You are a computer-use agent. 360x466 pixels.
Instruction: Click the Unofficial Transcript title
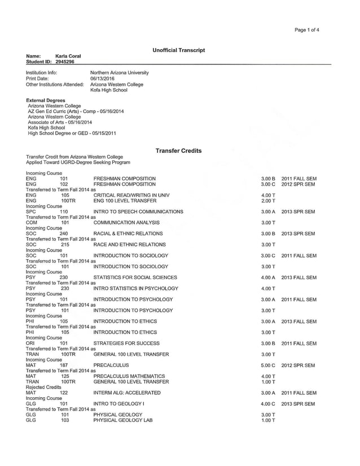(178, 51)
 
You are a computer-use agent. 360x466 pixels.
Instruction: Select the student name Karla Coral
(68, 56)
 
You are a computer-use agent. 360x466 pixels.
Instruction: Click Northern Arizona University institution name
(120, 73)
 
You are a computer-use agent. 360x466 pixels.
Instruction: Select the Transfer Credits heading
(178, 151)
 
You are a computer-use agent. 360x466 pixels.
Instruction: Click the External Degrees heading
(45, 100)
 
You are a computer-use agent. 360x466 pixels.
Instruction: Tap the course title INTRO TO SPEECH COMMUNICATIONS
(138, 212)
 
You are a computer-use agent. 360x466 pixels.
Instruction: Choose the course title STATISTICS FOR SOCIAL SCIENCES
(135, 278)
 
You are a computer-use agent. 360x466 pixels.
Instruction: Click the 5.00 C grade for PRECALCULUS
(268, 366)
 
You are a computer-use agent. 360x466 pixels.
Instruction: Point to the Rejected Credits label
(43, 387)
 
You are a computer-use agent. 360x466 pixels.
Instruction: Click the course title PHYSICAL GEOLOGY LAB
(123, 420)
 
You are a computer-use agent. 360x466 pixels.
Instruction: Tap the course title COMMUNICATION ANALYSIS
(128, 222)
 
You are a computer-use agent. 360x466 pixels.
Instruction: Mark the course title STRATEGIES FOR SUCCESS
(126, 344)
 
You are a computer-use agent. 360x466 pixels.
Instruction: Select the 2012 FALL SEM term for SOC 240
(299, 234)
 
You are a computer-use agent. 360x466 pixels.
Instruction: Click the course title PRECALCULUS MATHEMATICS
(129, 376)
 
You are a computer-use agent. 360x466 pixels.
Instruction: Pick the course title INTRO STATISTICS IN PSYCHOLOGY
(135, 288)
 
